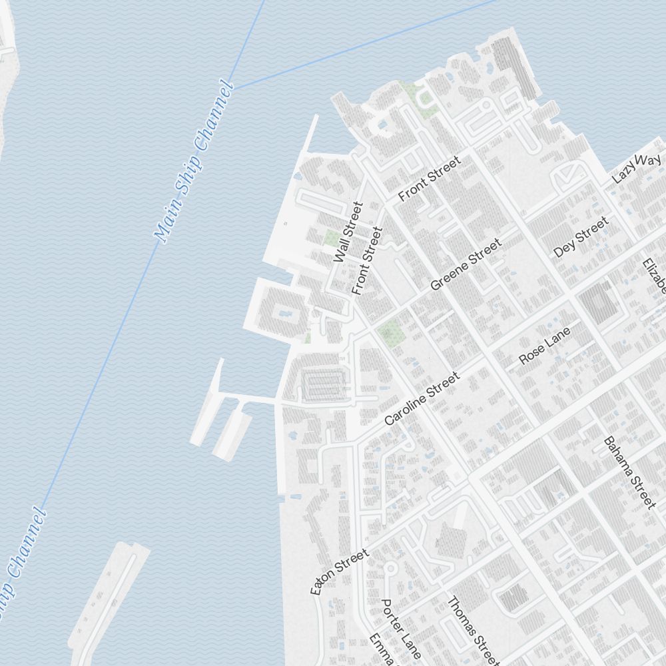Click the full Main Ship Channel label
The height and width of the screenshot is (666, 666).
(194, 161)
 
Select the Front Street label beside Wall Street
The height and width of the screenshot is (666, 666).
(367, 260)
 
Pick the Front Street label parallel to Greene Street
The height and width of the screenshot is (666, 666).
(429, 178)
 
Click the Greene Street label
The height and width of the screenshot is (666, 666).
(466, 265)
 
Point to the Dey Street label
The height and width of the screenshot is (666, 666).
(581, 236)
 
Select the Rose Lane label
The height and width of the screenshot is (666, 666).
(545, 345)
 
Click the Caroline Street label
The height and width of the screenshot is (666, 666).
(422, 398)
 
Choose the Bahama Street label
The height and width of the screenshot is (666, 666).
(629, 472)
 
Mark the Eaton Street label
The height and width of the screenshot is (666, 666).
(339, 571)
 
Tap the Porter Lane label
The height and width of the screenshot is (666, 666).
(400, 629)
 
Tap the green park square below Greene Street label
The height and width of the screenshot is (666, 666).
(390, 329)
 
